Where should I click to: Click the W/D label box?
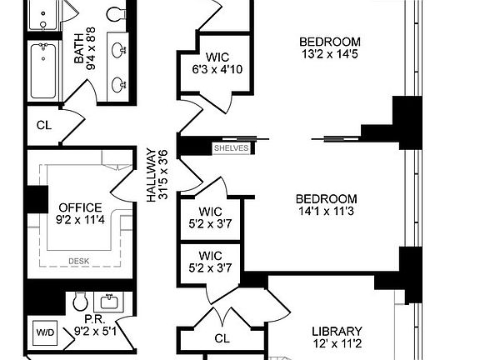pos(43,332)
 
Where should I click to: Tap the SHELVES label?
pos(232,147)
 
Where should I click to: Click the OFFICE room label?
pos(80,207)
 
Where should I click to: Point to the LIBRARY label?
pos(337,330)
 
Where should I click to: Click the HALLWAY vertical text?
pos(152,175)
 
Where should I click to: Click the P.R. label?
pos(92,317)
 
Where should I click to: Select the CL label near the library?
pos(222,338)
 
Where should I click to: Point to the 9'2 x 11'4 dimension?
pos(80,220)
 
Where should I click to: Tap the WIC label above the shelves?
pos(217,57)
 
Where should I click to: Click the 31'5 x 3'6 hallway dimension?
pos(164,175)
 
